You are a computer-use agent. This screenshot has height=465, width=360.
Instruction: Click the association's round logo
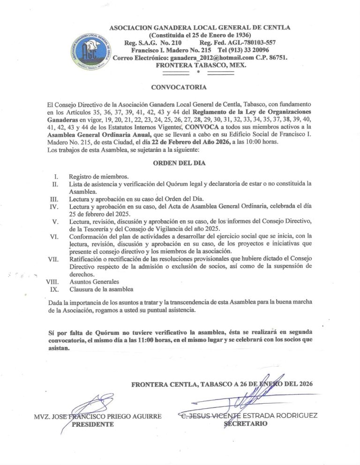[x=91, y=49]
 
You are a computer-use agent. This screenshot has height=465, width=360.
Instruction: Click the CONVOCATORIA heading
[x=179, y=87]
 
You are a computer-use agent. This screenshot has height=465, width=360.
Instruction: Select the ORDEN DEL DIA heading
[x=179, y=163]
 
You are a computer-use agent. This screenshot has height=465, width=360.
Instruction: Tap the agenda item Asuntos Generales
[x=94, y=282]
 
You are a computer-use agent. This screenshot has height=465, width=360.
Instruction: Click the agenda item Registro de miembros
[x=98, y=177]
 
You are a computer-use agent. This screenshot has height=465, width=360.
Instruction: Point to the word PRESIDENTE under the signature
[x=93, y=424]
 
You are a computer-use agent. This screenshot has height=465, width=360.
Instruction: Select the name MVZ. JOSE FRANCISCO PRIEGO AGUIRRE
[x=97, y=416]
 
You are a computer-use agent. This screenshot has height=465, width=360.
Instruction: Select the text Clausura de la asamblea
[x=101, y=289]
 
